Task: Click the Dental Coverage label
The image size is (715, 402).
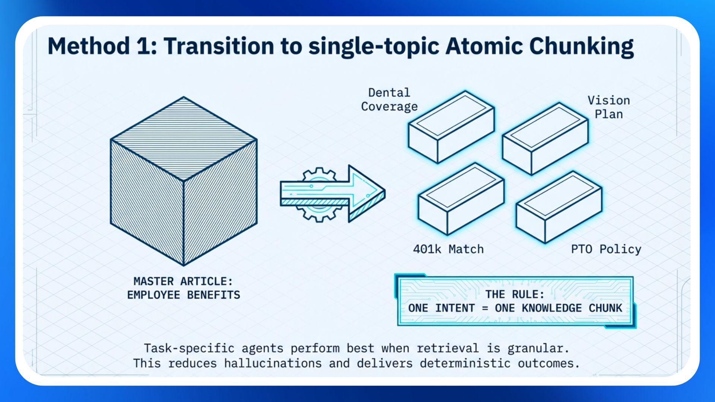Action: [389, 99]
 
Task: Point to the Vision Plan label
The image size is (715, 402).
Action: [608, 107]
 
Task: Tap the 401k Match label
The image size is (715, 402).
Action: [448, 249]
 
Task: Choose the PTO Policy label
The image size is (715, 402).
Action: [606, 249]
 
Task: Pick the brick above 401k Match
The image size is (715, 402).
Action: [461, 199]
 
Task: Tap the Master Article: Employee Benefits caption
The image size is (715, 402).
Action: [184, 288]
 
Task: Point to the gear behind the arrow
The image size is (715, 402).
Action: [319, 175]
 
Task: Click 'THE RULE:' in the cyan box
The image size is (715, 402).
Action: [515, 294]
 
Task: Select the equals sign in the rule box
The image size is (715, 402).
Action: [484, 308]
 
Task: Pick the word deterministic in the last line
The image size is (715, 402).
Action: [465, 363]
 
